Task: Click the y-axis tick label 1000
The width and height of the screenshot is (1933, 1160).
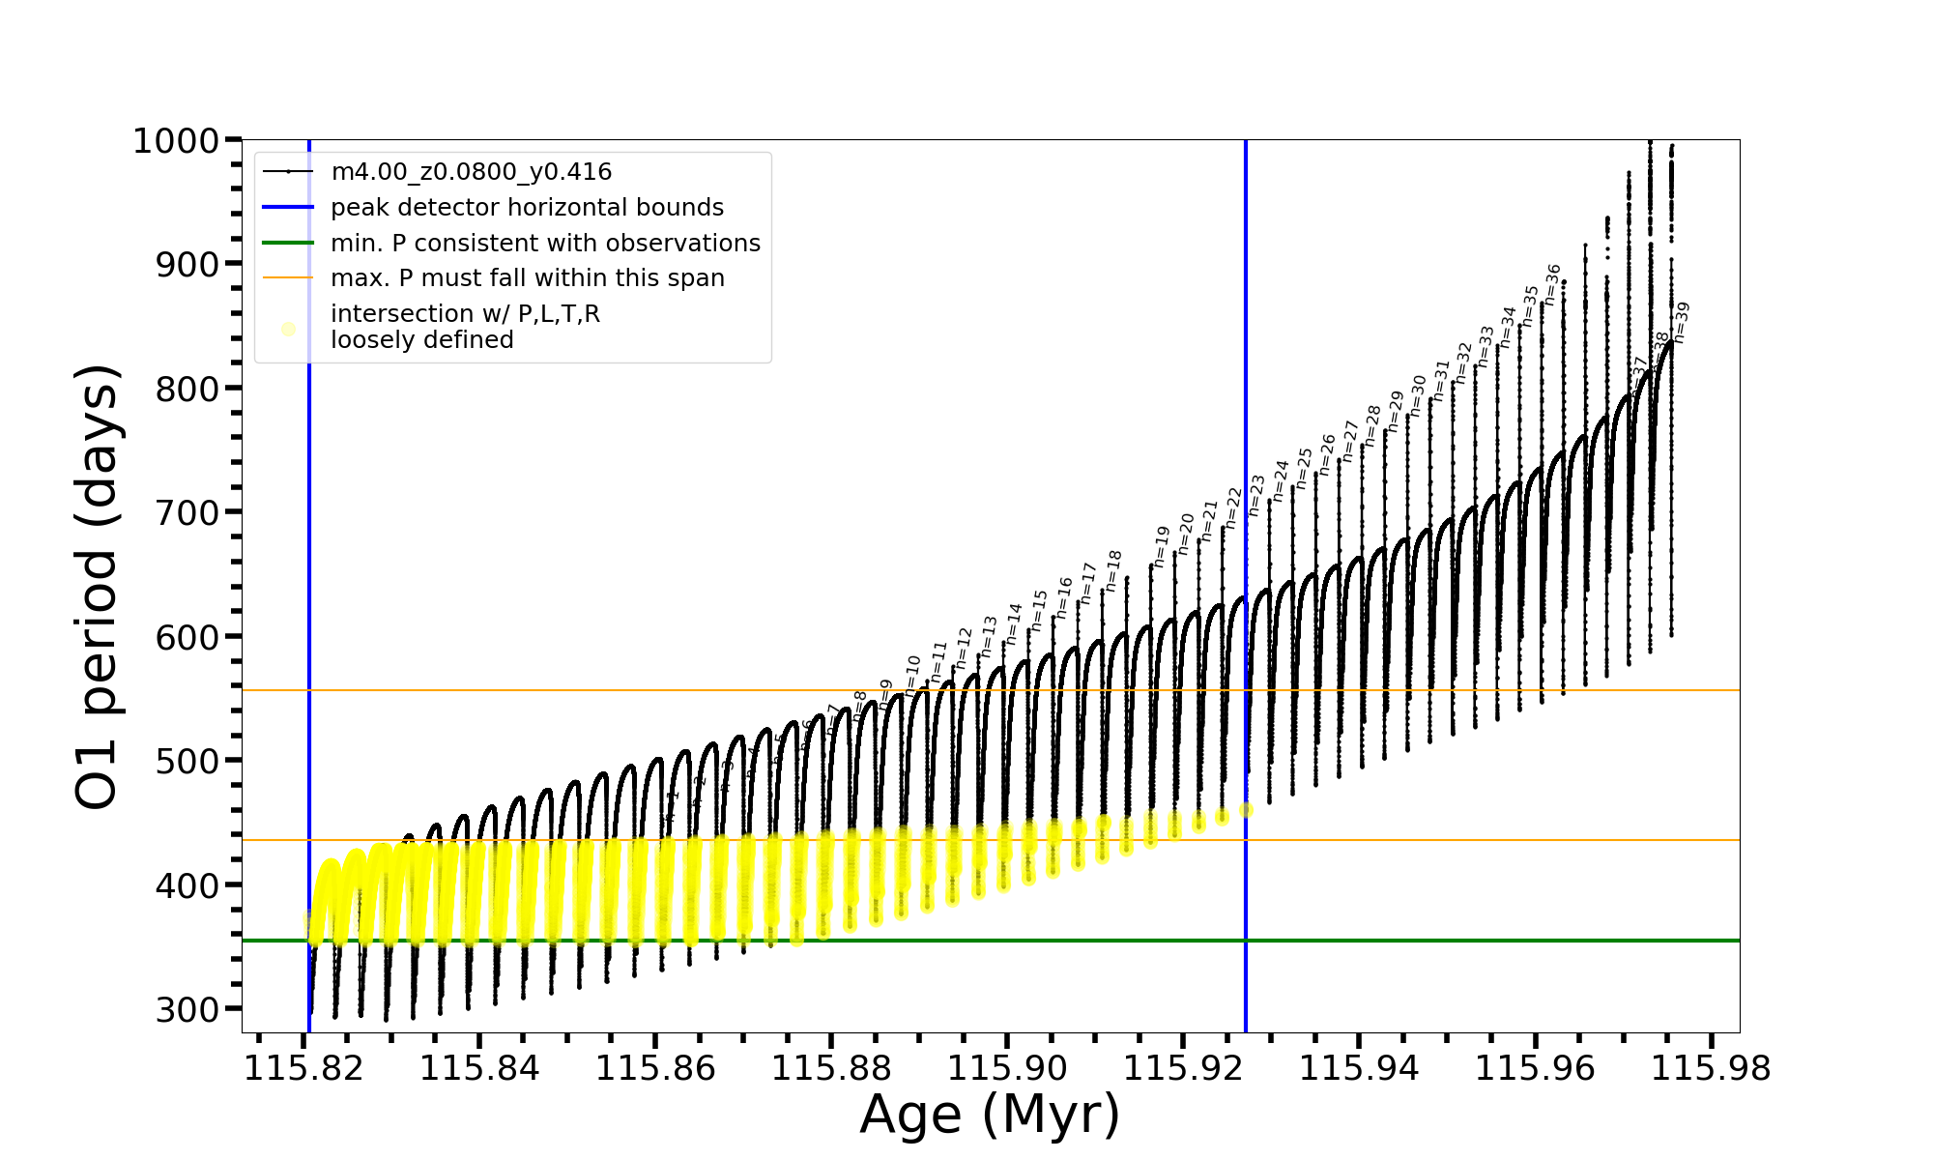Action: (x=176, y=141)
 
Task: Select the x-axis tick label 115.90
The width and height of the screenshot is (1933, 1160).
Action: (x=1007, y=1069)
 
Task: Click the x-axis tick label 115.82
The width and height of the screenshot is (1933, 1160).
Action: (x=303, y=1069)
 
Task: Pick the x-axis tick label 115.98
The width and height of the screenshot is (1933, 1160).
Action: (x=1711, y=1069)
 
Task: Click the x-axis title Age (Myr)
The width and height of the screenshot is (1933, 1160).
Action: (x=990, y=1115)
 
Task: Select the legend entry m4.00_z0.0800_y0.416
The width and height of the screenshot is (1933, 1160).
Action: (x=471, y=172)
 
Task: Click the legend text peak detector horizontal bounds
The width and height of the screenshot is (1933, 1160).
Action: (x=527, y=208)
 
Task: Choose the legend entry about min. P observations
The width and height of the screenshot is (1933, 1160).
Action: (x=545, y=244)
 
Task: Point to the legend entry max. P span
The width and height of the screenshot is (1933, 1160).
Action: (x=527, y=278)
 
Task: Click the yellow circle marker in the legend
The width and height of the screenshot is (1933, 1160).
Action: (x=288, y=329)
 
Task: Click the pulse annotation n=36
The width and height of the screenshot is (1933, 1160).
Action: (x=1553, y=284)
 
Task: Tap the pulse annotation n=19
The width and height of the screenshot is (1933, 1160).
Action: (x=1162, y=547)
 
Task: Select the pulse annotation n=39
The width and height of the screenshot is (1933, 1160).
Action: (x=1682, y=323)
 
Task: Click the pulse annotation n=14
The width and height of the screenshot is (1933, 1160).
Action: (x=1014, y=624)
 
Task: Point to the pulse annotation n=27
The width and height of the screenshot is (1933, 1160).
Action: (x=1351, y=441)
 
